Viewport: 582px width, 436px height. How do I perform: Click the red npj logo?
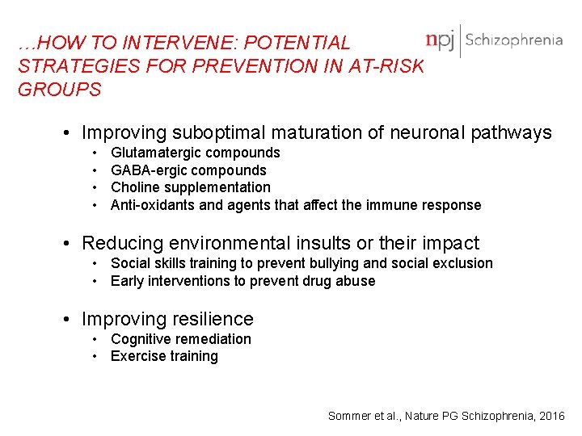coord(441,40)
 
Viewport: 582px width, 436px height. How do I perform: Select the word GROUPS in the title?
coord(60,90)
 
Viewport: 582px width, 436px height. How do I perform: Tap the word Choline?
coord(133,187)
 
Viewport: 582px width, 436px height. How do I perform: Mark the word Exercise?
coord(136,356)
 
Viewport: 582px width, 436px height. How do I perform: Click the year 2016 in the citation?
coord(551,416)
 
